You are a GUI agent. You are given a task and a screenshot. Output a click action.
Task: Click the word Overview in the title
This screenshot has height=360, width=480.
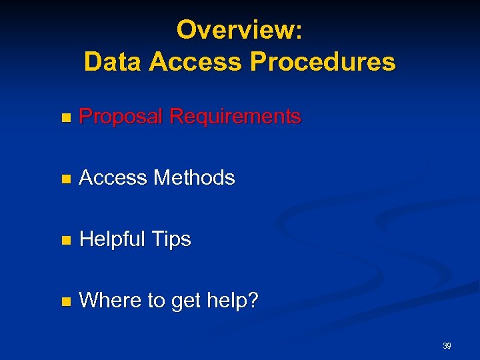(x=235, y=29)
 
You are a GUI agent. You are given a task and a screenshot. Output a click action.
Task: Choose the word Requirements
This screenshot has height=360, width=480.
(x=235, y=117)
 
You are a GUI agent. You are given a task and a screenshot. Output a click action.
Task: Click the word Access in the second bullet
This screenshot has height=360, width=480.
(x=113, y=178)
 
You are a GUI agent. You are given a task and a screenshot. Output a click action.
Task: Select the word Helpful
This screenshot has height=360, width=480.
(x=112, y=239)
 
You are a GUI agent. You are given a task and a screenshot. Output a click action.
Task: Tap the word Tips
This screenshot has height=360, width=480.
(x=171, y=239)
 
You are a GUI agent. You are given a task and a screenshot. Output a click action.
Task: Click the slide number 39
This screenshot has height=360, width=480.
(x=447, y=346)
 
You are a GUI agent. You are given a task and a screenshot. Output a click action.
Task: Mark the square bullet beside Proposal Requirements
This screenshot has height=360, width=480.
(x=65, y=118)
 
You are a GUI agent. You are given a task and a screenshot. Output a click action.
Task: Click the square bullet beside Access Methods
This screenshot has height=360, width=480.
(x=65, y=179)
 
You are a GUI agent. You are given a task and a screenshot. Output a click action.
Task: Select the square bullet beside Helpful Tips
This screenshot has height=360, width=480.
(x=65, y=241)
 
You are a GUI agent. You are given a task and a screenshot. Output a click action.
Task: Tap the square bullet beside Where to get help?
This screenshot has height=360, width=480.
(x=65, y=302)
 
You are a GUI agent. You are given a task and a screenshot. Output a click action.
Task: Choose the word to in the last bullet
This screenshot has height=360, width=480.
(x=156, y=301)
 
